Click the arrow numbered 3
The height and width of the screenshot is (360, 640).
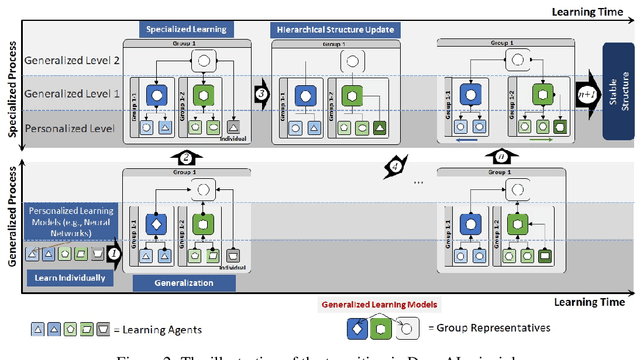click(262, 94)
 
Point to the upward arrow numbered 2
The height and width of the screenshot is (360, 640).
click(185, 157)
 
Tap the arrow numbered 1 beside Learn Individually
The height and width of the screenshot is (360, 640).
click(114, 254)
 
